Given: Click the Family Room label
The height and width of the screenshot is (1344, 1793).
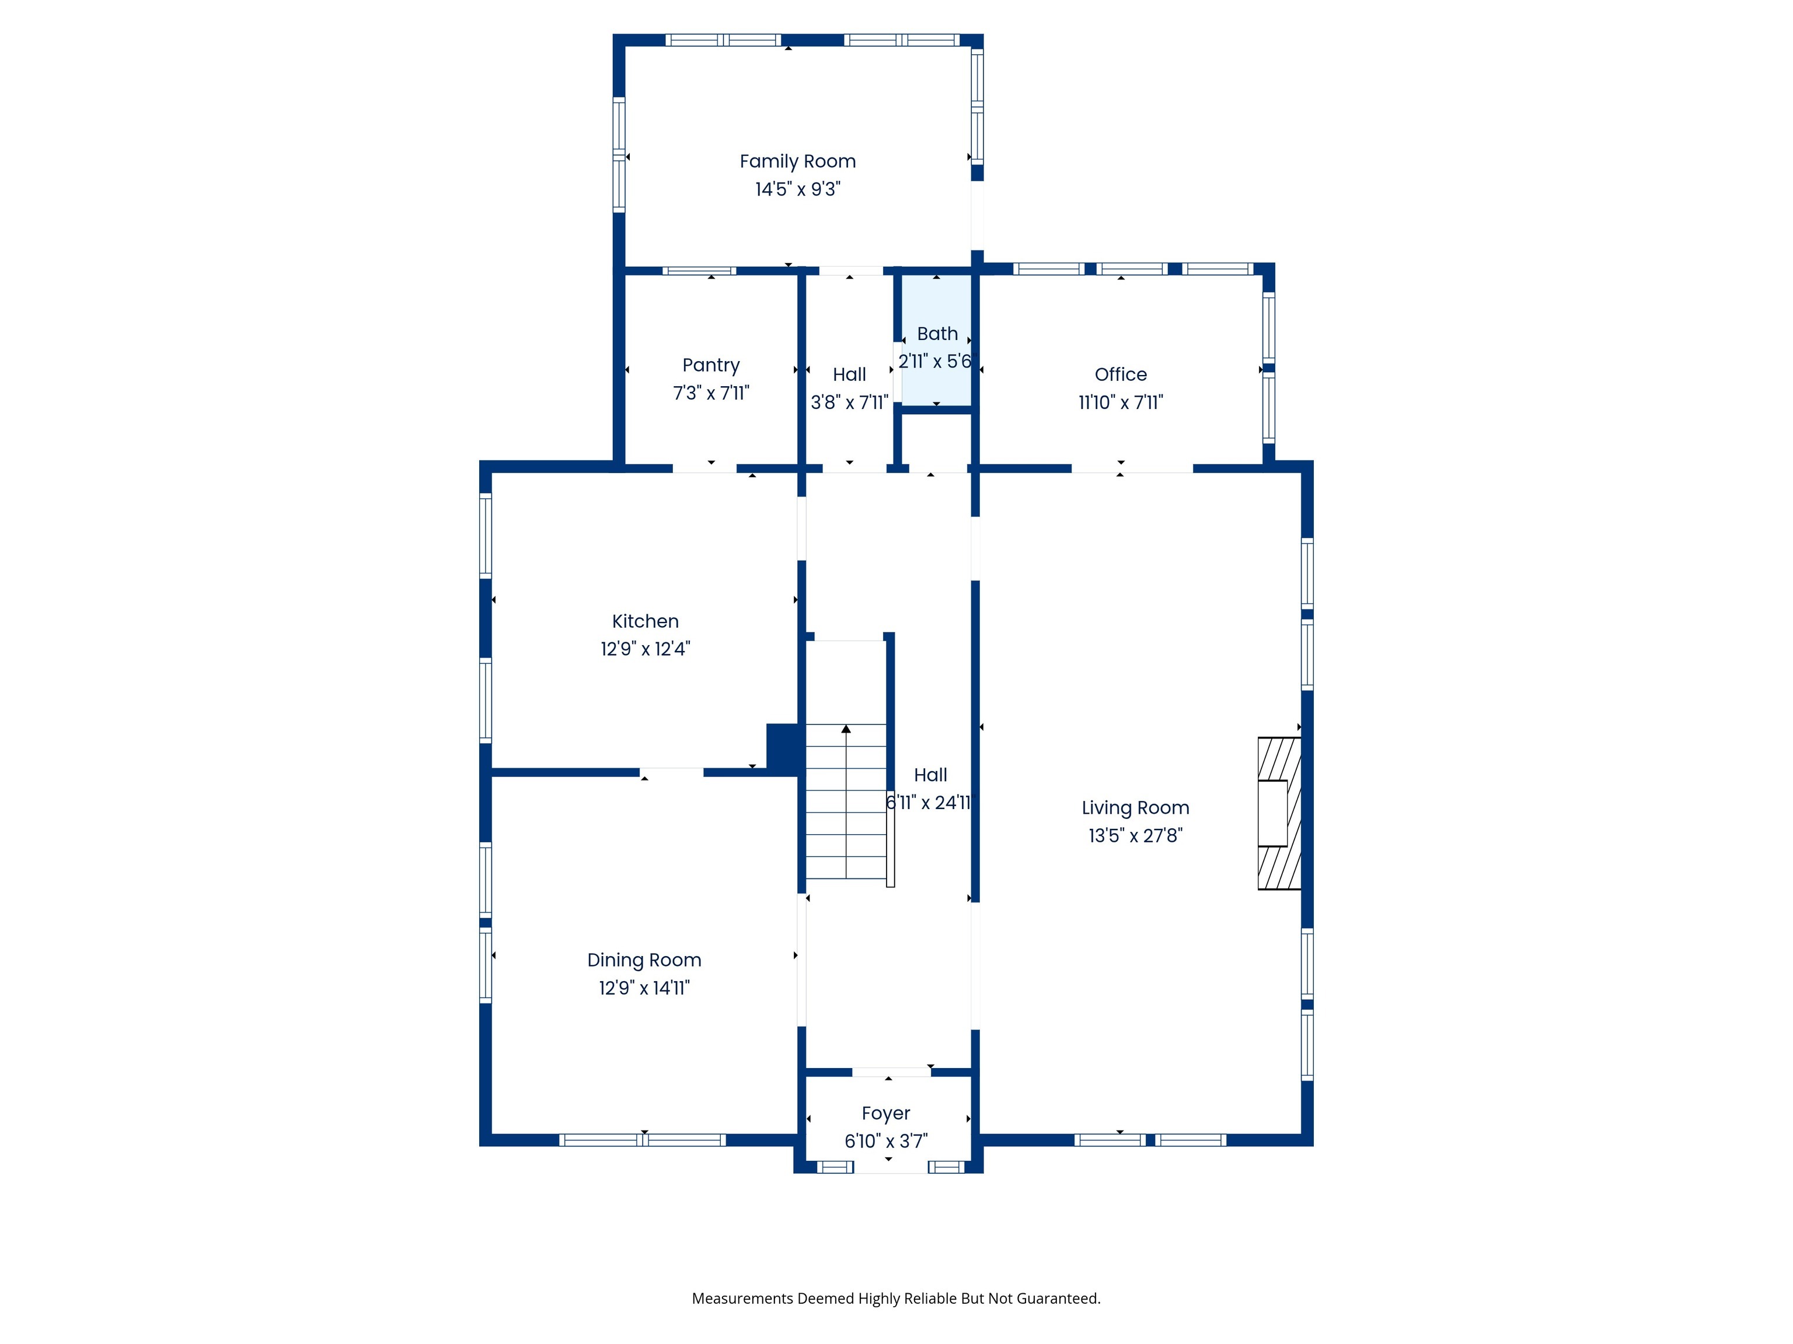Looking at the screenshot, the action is coord(798,161).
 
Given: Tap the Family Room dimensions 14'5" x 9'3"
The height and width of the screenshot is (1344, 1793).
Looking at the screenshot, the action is coord(798,189).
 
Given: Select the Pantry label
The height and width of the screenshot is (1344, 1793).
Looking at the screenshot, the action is coord(711,365).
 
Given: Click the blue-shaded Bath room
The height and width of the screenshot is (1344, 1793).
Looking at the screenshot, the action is coord(936,340).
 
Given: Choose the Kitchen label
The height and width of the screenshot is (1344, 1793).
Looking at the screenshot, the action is coord(645,621).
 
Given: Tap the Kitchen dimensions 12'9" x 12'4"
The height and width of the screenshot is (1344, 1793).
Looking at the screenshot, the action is coord(645,649).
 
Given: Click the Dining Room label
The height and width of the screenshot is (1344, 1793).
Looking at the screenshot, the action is coord(644,960).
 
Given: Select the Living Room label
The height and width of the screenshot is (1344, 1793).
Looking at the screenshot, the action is coord(1136,808).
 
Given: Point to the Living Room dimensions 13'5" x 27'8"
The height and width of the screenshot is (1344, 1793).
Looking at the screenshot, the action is coord(1136,835).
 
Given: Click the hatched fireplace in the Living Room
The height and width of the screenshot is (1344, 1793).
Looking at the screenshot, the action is coord(1279,813).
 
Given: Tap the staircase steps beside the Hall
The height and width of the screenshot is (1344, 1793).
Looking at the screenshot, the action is coord(846,801).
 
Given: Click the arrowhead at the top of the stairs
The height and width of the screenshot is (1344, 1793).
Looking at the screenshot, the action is coord(846,729).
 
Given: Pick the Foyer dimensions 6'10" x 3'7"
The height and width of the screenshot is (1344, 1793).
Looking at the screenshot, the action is coord(886,1140).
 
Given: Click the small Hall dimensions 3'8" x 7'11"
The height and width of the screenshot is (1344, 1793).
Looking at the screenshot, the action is coord(849,402).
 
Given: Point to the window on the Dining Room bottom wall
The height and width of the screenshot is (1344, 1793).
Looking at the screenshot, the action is coord(642,1140).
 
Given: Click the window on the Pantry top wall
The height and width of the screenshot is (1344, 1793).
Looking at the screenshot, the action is coord(700,271).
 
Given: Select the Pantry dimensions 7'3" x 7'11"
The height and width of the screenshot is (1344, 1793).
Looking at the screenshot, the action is coord(711,393).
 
